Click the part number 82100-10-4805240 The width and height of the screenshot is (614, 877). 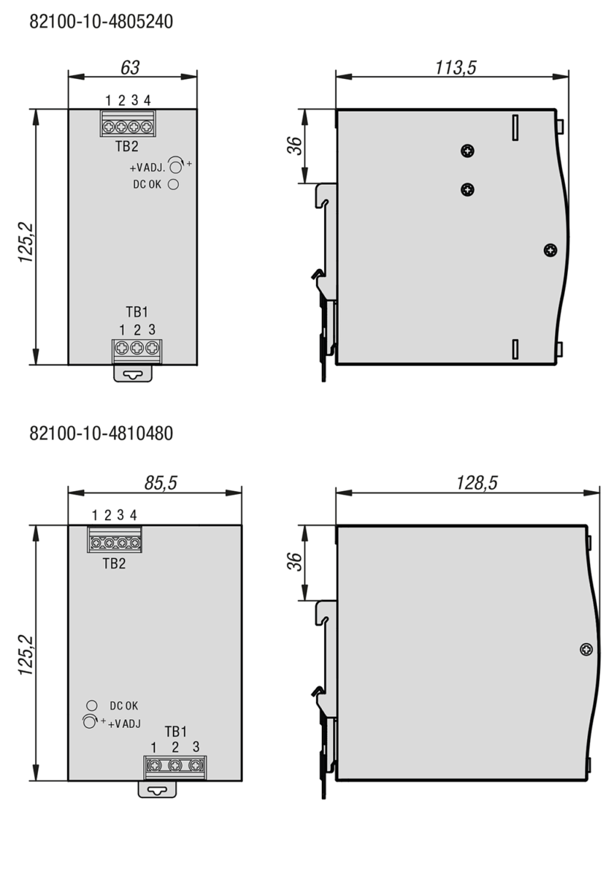click(101, 21)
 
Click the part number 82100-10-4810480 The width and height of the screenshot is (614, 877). click(101, 434)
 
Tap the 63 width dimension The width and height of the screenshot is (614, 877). click(130, 67)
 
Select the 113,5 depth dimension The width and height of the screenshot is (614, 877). click(456, 67)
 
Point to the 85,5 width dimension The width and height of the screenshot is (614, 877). click(161, 483)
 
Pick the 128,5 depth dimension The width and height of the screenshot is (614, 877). click(477, 483)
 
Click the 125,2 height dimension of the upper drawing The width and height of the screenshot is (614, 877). click(26, 242)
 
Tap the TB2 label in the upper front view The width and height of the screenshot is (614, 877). click(127, 146)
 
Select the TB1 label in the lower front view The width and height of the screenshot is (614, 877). click(176, 732)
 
